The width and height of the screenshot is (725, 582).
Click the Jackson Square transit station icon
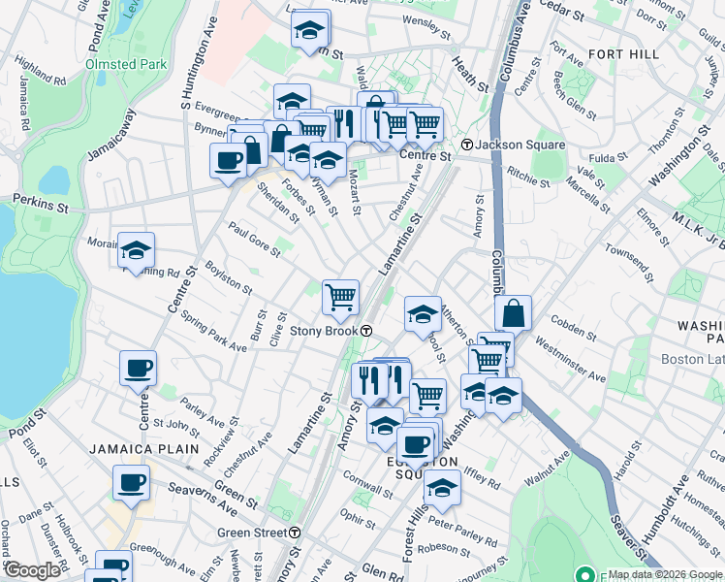coord(467,145)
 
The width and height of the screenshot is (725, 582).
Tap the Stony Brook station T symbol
coord(367,330)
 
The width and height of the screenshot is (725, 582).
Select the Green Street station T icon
coord(295,533)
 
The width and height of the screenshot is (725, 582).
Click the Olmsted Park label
coord(126,64)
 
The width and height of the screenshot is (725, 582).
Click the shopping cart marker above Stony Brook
coord(340,297)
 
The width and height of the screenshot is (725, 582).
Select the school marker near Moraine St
coord(137,249)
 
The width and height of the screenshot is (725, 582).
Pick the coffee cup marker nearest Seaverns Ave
coord(131,482)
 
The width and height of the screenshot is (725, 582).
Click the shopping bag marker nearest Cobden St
coord(513,313)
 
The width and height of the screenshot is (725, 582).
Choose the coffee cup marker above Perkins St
coord(228,160)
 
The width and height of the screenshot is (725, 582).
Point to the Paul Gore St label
coord(253,239)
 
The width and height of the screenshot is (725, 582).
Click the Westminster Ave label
coord(570,358)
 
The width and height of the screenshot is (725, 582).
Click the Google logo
coord(31,570)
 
